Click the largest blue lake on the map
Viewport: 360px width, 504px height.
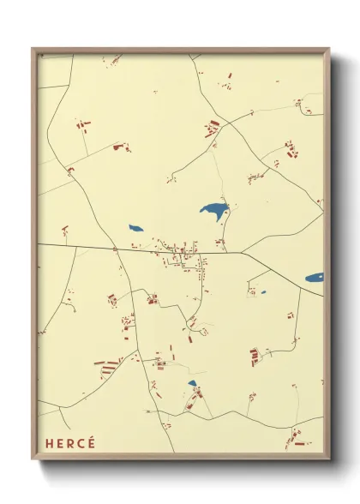(x=213, y=209)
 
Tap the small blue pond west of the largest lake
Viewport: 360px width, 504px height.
(x=135, y=228)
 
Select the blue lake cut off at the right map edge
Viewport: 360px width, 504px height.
(x=315, y=278)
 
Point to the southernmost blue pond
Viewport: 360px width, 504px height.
(x=192, y=383)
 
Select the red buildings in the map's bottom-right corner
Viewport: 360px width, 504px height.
(x=297, y=439)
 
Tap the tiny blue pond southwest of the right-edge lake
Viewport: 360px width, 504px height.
(x=263, y=292)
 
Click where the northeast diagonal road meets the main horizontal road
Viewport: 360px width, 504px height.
(x=243, y=252)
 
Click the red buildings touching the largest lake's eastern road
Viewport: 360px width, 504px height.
(x=220, y=243)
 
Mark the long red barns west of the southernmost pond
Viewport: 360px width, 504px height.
(x=109, y=368)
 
